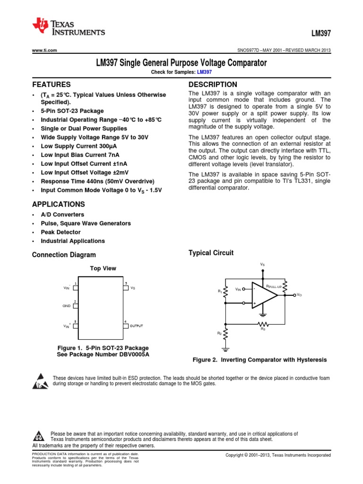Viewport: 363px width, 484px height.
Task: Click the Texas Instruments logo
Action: click(x=69, y=27)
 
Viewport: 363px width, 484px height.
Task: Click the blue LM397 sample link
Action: click(x=204, y=72)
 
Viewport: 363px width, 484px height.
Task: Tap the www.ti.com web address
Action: click(x=44, y=50)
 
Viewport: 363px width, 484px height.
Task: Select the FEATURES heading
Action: click(x=51, y=85)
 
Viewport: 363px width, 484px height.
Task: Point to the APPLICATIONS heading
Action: click(x=58, y=205)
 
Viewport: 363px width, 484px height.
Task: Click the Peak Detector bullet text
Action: click(x=60, y=232)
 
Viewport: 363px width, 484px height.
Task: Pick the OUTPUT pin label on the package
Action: click(x=136, y=326)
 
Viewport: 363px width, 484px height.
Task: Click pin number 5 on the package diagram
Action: click(x=126, y=283)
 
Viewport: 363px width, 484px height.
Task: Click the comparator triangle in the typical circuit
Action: click(x=264, y=297)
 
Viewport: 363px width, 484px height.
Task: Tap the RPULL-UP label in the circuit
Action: click(x=274, y=286)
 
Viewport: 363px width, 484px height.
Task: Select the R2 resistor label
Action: click(x=219, y=333)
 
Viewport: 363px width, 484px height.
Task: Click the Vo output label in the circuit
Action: click(x=299, y=294)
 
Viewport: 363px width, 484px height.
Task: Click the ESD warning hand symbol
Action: click(x=41, y=381)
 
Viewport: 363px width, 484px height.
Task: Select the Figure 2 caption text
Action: click(x=259, y=360)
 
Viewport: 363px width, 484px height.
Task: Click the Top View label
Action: click(x=103, y=268)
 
